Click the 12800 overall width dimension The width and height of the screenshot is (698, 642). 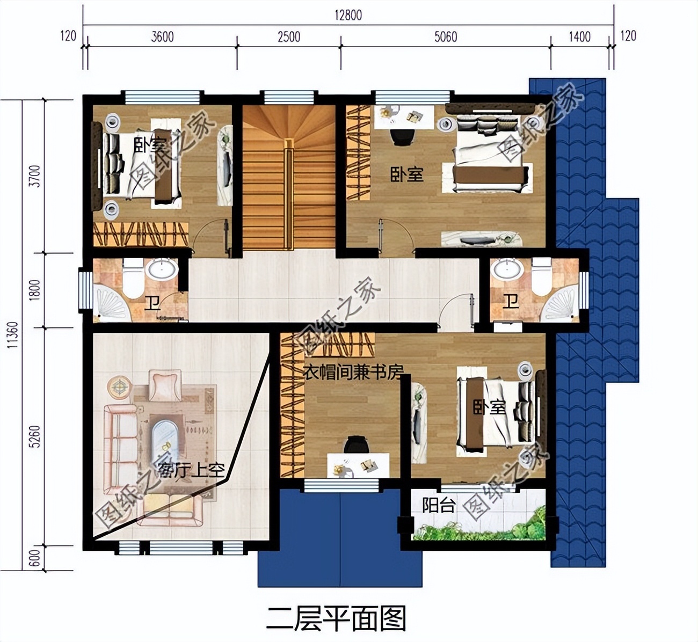348,14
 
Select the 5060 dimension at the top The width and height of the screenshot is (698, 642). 445,37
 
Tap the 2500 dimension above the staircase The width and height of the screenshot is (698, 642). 289,37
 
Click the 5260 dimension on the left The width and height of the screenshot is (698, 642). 34,437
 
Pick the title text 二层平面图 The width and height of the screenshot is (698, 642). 336,618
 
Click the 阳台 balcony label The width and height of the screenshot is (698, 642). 439,505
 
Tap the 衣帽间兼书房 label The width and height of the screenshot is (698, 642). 353,372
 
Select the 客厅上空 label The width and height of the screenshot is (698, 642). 191,471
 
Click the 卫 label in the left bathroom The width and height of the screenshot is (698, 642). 152,304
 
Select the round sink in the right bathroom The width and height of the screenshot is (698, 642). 508,269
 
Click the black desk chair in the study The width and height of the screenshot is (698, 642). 356,445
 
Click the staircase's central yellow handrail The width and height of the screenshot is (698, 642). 289,193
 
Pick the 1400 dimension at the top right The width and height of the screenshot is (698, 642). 579,37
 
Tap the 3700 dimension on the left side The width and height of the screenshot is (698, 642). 34,176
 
